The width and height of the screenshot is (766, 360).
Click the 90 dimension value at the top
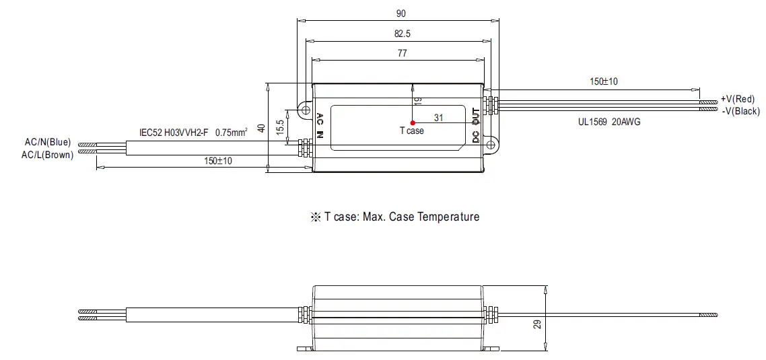401,13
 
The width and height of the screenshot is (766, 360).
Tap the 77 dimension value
401,53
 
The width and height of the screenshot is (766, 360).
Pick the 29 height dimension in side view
536,324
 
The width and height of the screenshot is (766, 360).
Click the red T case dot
412,122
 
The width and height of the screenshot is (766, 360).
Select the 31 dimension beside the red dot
438,117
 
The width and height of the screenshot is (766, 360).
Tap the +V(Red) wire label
738,99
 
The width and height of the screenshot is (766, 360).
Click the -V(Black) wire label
740,110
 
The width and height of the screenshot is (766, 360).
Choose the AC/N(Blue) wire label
47,142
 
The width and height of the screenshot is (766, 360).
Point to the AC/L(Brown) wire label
47,155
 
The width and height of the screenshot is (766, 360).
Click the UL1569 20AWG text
608,122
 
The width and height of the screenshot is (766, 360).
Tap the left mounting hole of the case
305,110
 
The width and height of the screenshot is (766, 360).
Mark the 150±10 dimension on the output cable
604,81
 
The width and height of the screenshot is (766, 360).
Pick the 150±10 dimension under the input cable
218,160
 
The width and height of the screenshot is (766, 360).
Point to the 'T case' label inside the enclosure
412,131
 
